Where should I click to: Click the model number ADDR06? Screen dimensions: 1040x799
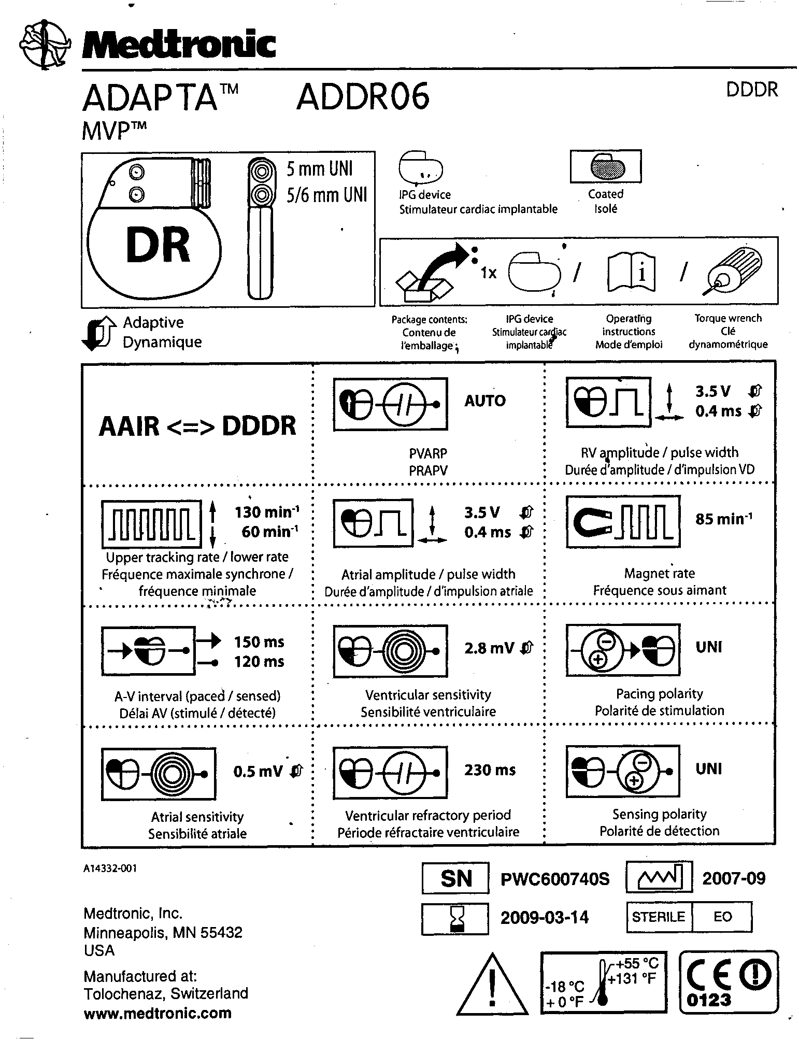363,97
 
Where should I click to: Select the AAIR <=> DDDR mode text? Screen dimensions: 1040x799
197,426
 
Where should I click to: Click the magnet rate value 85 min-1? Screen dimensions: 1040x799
724,519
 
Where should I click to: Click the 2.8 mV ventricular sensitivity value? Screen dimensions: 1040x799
489,648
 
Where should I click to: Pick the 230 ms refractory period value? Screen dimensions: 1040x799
490,770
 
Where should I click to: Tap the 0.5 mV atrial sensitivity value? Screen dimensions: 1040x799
258,772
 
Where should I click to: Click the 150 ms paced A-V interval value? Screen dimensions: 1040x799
259,642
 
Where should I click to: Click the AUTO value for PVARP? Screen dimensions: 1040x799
484,401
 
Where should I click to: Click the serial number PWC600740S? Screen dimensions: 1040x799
555,879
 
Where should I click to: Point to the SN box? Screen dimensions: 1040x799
455,878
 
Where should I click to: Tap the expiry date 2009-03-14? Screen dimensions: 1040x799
545,918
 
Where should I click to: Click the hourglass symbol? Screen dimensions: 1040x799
455,919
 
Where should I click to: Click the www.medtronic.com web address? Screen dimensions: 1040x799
158,1013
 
